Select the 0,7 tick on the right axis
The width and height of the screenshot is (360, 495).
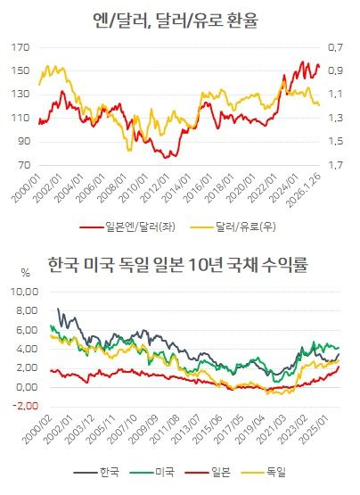336,46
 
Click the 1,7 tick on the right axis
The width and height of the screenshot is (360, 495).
336,165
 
